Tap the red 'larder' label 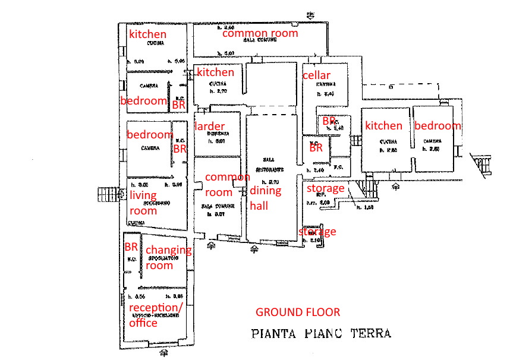pos(209,126)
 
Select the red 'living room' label pos(143,203)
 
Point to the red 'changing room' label pos(168,258)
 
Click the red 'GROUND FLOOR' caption pos(297,312)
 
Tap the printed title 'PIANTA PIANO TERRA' pos(322,333)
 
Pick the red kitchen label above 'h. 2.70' pos(215,72)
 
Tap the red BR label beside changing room pos(131,247)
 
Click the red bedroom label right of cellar pos(438,125)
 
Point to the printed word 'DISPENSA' pos(217,134)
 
